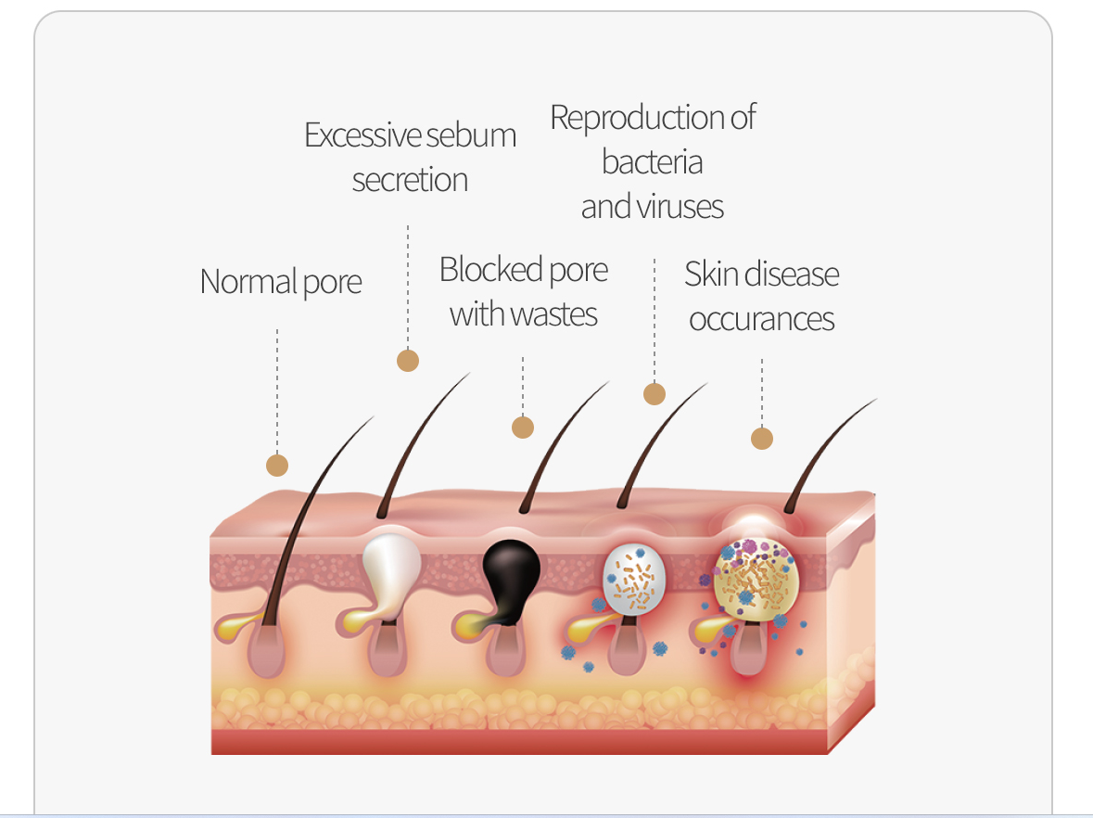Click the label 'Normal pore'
pos(280,281)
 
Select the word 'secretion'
pos(410,179)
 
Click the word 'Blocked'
pos(490,270)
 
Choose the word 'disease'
pos(790,275)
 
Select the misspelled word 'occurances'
pos(762,319)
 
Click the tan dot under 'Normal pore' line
pos(276,465)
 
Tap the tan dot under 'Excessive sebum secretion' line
pos(408,360)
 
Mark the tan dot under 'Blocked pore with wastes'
pos(523,427)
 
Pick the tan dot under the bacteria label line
pos(655,393)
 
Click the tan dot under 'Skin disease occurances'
pos(762,438)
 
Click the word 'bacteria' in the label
pos(652,162)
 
